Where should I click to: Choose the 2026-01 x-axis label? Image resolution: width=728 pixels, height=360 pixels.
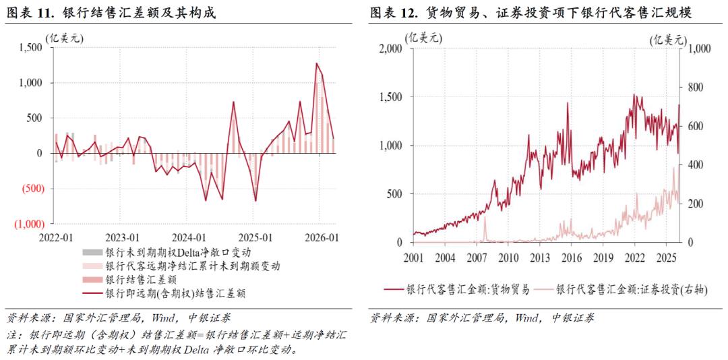pyautogui.click(x=321, y=238)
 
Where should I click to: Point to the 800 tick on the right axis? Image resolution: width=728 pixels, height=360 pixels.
pyautogui.click(x=695, y=88)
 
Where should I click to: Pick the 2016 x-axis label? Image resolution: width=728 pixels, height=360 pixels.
pyautogui.click(x=571, y=258)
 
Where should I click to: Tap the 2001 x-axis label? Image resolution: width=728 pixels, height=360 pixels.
pyautogui.click(x=413, y=258)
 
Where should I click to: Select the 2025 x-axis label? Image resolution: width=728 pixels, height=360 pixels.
pyautogui.click(x=665, y=258)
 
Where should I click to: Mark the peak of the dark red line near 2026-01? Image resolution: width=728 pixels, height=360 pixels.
pyautogui.click(x=316, y=63)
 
